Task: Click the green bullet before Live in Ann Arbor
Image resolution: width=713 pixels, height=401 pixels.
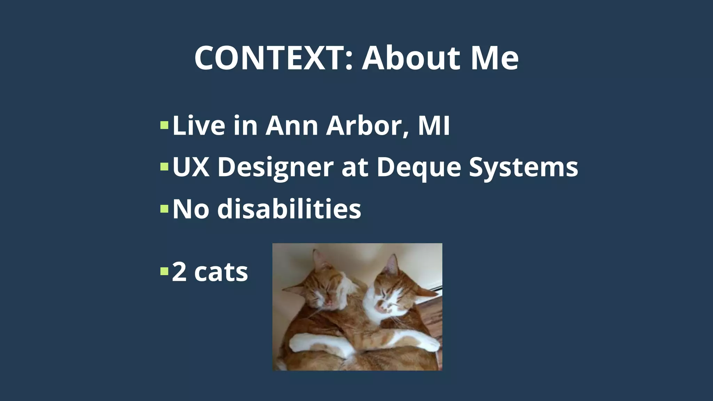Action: tap(164, 125)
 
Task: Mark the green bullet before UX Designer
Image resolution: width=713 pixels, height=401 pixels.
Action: tap(164, 167)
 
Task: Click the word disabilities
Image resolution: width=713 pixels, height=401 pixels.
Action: tap(289, 209)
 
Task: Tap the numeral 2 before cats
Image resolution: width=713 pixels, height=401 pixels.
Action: tap(179, 272)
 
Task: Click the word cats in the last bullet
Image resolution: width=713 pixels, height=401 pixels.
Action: tap(221, 272)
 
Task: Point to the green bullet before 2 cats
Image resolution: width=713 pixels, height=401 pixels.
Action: tap(164, 271)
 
